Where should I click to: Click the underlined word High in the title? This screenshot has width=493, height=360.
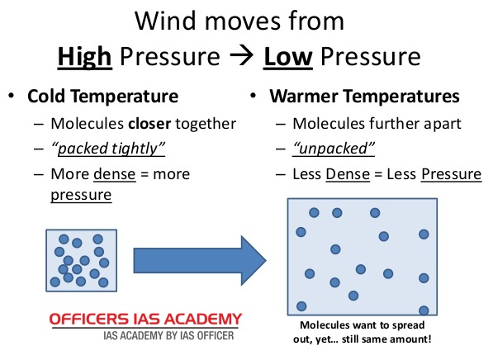(84, 58)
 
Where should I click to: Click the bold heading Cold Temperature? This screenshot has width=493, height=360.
(103, 97)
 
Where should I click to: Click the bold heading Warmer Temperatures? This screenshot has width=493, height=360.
(364, 97)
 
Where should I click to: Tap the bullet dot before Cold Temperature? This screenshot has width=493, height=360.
(12, 97)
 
